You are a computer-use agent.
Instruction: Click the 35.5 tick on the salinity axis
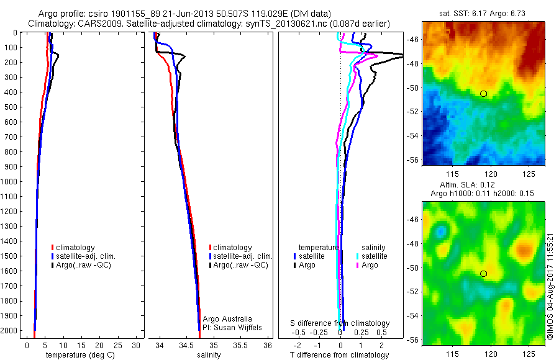click(x=240, y=344)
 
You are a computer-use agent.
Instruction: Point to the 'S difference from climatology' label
click(x=340, y=323)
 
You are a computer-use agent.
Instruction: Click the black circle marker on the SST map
click(x=484, y=94)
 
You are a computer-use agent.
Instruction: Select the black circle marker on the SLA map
click(x=484, y=274)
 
